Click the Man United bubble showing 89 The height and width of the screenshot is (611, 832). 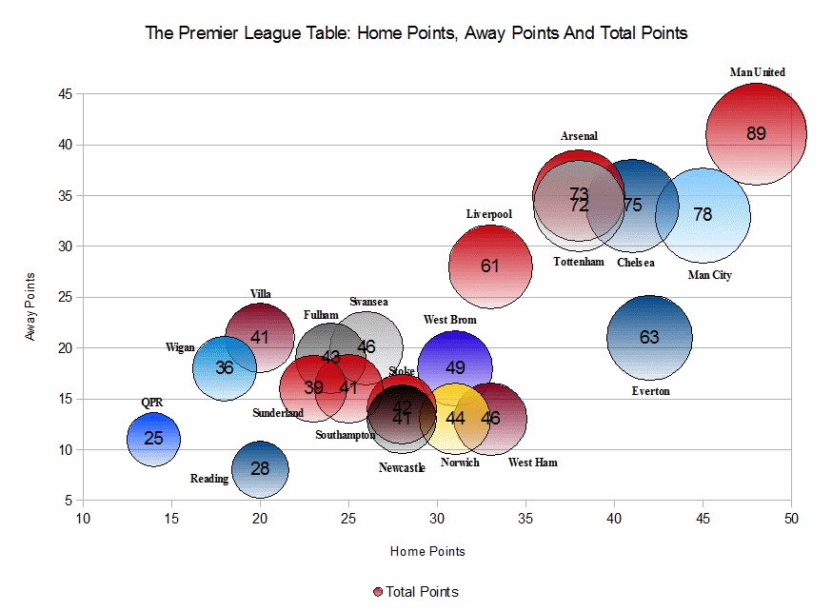coord(756,134)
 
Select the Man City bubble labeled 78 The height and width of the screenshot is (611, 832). coord(703,215)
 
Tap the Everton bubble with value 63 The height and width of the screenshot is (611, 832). coord(649,337)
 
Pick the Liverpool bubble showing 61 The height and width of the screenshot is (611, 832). coord(490,266)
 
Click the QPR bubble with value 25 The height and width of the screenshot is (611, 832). coord(153,439)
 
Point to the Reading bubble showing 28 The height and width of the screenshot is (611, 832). coord(260,468)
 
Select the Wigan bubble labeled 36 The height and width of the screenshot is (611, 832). coord(224,367)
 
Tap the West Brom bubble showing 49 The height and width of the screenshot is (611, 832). coord(455,367)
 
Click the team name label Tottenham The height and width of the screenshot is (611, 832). coord(578,262)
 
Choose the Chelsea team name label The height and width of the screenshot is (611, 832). coord(635,263)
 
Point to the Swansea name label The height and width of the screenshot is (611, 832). coord(368,302)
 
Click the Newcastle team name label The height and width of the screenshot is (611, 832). coord(402,467)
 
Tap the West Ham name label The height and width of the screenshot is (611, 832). coord(533,463)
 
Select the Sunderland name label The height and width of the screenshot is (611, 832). coord(278,413)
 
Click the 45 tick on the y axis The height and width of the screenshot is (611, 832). coord(66,94)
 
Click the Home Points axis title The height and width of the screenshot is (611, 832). coord(427,551)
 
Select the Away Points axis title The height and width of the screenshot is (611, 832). coord(31,306)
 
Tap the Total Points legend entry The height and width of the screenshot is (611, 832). coord(416,592)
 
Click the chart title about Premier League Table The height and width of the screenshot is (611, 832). coord(416,33)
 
